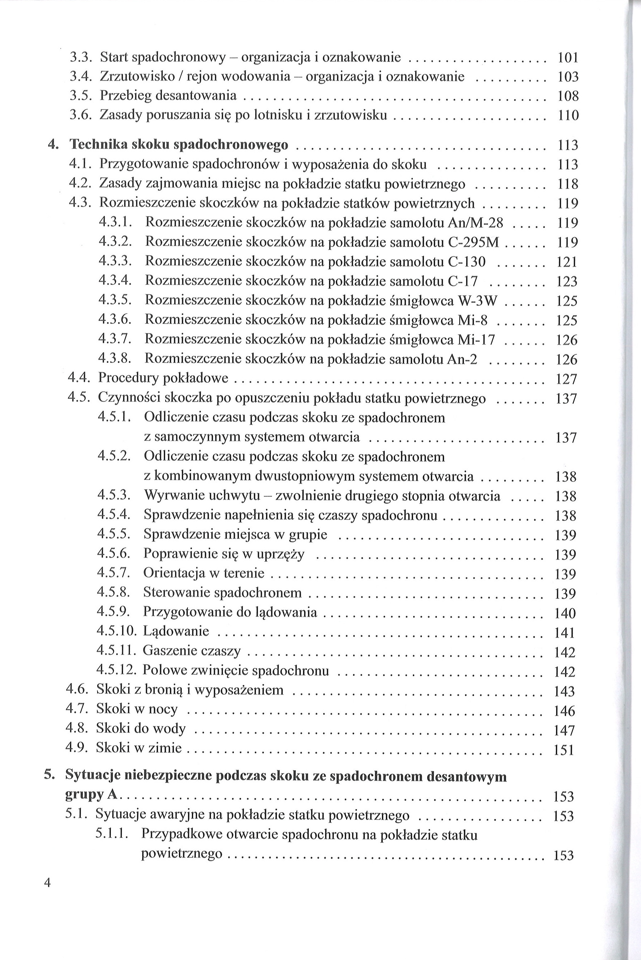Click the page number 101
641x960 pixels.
coord(568,58)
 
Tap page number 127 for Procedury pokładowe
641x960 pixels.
coord(566,379)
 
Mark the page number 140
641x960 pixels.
coord(565,613)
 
